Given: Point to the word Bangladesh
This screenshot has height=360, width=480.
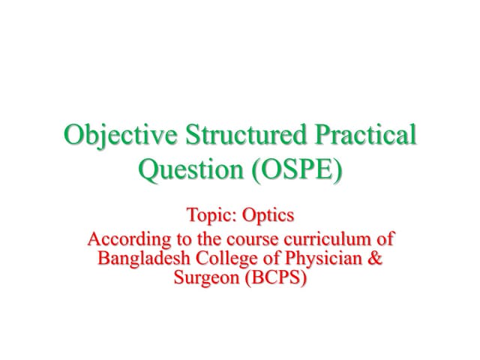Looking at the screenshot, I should [x=142, y=259].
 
